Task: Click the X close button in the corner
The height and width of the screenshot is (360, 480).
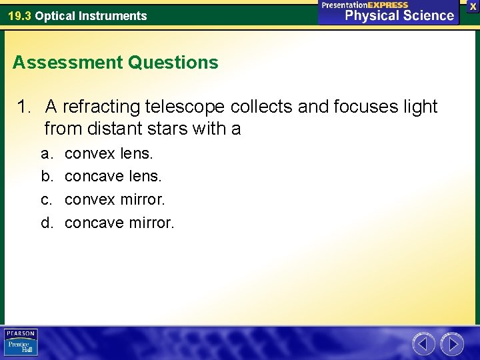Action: (x=473, y=6)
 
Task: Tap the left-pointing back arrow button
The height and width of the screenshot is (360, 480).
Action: (x=423, y=344)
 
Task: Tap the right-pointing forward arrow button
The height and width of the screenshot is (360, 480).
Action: (x=452, y=344)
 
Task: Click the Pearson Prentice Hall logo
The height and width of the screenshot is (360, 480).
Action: (x=21, y=343)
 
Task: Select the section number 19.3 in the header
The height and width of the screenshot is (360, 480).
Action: (x=19, y=16)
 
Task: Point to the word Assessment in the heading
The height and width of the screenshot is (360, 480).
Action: (x=67, y=63)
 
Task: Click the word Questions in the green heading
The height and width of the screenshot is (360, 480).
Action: (x=173, y=63)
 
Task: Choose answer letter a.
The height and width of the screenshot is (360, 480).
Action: (x=46, y=154)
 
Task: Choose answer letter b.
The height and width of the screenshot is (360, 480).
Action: (x=46, y=177)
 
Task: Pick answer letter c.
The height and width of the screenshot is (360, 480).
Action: (x=46, y=199)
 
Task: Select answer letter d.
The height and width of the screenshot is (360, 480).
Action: (x=46, y=222)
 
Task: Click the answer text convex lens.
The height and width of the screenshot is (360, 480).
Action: (x=109, y=154)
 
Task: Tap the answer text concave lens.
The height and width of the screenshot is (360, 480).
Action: (x=113, y=177)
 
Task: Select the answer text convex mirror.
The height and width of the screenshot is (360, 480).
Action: (x=115, y=199)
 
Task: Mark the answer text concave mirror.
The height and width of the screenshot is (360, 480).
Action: (x=119, y=222)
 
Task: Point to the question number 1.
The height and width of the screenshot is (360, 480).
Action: (x=23, y=107)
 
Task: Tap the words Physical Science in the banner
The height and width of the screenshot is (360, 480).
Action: (x=399, y=15)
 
